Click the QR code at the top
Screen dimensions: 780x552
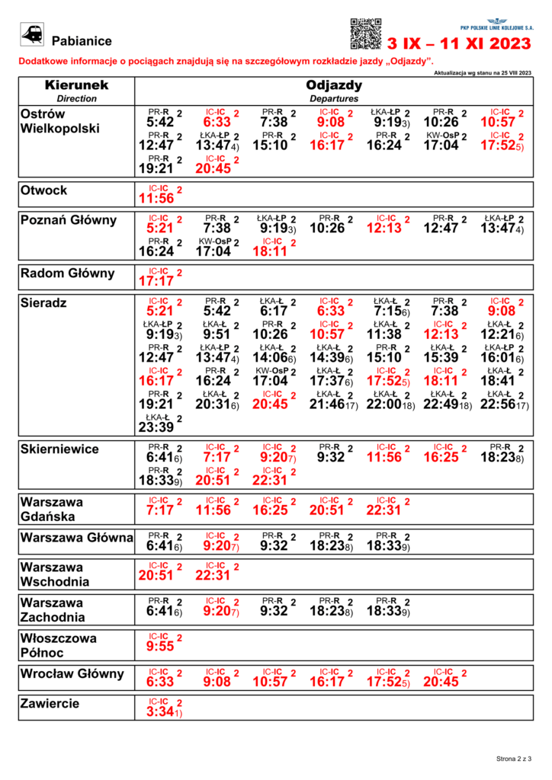pos(365,33)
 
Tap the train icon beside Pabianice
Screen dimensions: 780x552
pos(33,34)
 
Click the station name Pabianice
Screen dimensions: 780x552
pos(82,41)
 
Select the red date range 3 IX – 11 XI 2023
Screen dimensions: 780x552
pos(460,45)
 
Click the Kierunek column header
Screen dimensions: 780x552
pos(76,85)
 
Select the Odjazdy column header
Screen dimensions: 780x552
pos(334,85)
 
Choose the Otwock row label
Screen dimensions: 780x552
pos(44,190)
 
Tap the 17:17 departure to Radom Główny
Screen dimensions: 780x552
pos(156,281)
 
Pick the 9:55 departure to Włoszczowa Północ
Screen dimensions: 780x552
pos(160,647)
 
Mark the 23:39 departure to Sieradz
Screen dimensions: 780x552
pos(156,428)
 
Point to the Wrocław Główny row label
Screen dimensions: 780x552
pos(72,673)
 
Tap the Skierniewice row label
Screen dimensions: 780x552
pos(59,449)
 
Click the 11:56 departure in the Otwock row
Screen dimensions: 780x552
pos(156,199)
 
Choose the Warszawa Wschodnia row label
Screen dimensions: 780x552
pos(55,574)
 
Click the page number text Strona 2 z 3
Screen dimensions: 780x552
pos(513,759)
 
